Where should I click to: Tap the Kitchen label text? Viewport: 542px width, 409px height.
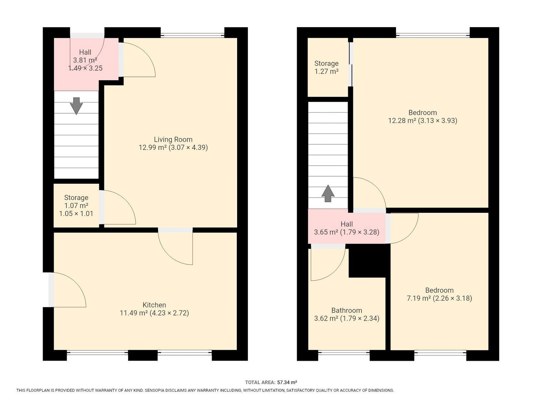(x=154, y=305)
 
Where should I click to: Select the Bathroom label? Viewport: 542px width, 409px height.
(x=347, y=310)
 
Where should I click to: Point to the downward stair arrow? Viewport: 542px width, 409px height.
(x=76, y=106)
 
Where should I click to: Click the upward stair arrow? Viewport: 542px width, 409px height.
(x=328, y=193)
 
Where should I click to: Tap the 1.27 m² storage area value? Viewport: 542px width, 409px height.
(x=326, y=71)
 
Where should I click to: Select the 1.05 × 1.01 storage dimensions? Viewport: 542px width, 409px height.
(x=76, y=213)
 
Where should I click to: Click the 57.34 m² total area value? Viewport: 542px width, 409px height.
(x=287, y=383)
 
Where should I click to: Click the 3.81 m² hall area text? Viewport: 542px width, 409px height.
(x=85, y=60)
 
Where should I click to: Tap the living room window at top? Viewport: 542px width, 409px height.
(x=192, y=35)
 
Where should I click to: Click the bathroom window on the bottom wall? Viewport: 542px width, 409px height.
(x=344, y=352)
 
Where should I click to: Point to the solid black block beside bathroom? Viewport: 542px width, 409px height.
(x=368, y=261)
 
